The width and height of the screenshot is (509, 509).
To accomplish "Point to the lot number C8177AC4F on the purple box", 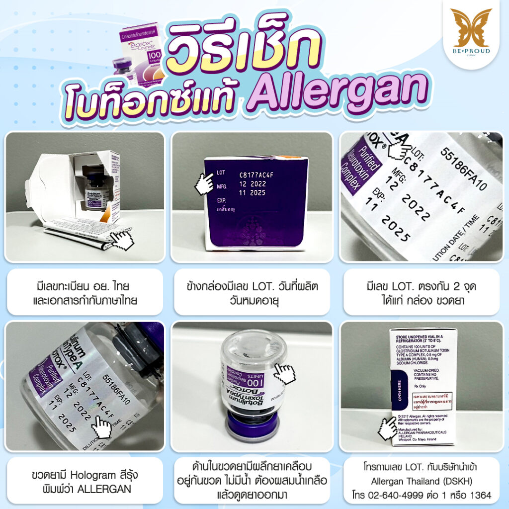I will pos(259,174).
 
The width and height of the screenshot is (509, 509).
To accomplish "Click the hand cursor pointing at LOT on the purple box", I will pos(204,183).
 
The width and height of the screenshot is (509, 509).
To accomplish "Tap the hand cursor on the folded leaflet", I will pos(122,240).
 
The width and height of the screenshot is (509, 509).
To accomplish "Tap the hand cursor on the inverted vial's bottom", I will pos(285,372).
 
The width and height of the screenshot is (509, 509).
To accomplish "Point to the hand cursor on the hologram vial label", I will pos(102,426).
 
